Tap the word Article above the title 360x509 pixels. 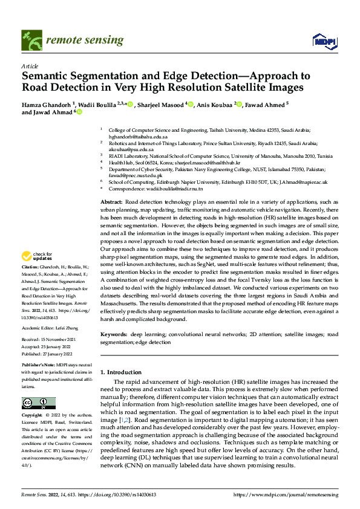click(30, 65)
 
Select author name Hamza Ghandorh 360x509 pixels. click(47, 104)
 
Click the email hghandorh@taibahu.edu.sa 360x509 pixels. click(134, 137)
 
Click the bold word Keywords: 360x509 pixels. click(114, 334)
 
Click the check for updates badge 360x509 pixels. click(38, 274)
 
